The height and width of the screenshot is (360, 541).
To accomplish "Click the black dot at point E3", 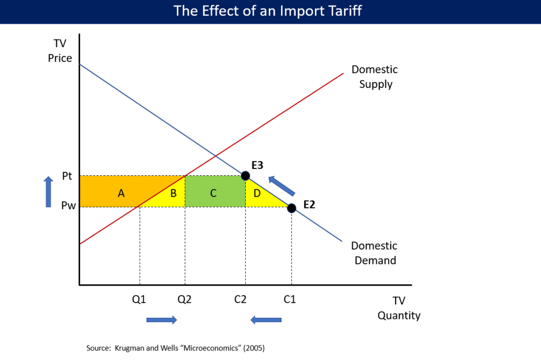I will pos(245,176).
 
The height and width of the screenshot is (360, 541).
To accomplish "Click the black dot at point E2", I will pos(291,208).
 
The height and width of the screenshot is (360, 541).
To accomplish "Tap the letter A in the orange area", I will pos(121,193).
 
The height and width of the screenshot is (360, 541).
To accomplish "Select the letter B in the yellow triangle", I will pos(174,193).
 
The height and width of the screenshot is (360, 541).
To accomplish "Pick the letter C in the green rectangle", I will pos(214,193).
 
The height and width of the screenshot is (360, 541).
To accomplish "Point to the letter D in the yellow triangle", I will pos(257,193).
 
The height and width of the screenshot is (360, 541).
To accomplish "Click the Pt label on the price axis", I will pos(67,176).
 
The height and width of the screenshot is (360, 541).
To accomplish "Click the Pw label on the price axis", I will pos(68,206).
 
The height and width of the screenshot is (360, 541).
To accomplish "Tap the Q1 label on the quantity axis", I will pos(139,299).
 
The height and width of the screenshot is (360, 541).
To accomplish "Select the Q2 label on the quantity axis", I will pos(184,299).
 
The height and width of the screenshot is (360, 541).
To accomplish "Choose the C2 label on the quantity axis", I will pos(241,299).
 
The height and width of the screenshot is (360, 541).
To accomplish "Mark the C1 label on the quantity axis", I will pos(289,299).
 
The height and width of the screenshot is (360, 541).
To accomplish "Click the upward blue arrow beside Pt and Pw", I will pos(48,192).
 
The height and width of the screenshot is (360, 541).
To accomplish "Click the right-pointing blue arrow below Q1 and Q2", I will pos(162,320).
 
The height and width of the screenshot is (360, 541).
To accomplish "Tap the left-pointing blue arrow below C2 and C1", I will pos(266,320).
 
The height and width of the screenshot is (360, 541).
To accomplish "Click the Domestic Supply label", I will pos(374,77).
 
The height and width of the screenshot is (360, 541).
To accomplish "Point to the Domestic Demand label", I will pos(374,253).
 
